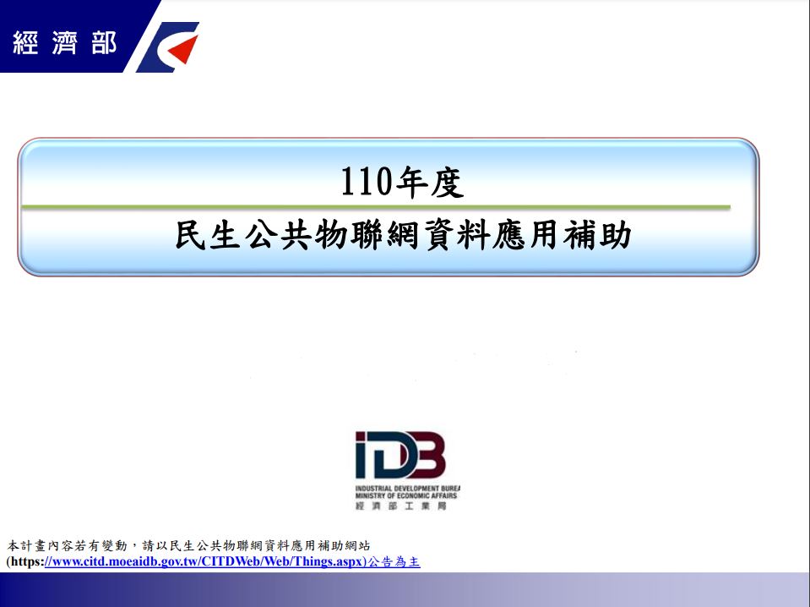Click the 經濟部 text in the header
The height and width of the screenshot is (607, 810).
[64, 42]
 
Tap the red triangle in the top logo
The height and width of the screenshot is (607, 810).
[184, 50]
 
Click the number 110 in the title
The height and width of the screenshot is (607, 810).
[366, 182]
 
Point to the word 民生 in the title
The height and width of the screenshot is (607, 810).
[208, 235]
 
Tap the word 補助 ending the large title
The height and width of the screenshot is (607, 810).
[597, 235]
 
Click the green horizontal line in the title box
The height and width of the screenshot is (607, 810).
[376, 207]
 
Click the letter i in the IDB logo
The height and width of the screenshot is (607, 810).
[362, 455]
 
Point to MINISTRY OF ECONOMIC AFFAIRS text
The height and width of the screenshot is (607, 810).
[406, 496]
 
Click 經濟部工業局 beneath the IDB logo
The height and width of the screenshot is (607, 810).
[401, 506]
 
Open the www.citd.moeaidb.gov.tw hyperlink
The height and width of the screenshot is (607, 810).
[205, 561]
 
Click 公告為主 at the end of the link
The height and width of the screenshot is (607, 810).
[394, 561]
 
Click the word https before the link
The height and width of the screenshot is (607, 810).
[26, 561]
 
